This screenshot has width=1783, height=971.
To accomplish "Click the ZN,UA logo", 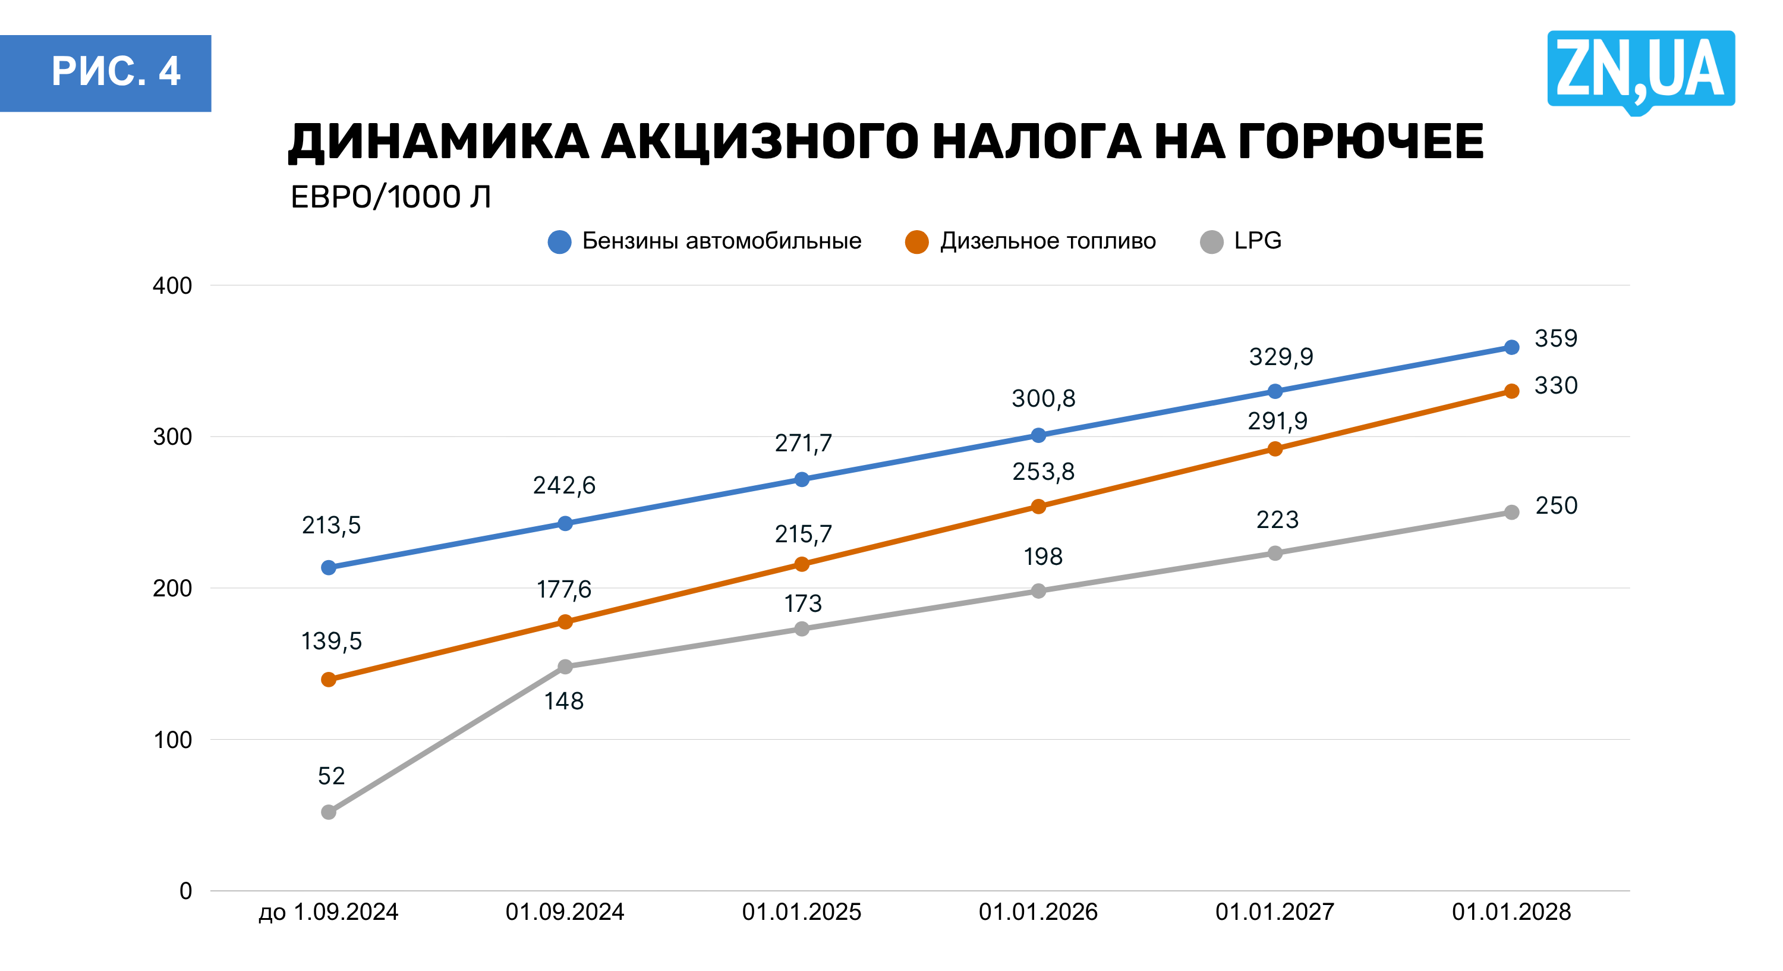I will click(1640, 70).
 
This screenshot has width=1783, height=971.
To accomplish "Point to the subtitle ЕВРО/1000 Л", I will click(390, 197).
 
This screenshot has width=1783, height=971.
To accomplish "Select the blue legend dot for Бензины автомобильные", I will click(559, 242).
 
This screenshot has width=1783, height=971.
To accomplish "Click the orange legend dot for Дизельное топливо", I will click(916, 242).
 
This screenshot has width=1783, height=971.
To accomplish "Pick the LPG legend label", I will click(1257, 241).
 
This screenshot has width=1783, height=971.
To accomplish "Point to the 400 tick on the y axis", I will click(172, 285).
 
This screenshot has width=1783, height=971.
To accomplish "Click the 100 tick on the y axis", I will click(172, 740).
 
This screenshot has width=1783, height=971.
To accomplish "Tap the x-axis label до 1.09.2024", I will click(328, 912).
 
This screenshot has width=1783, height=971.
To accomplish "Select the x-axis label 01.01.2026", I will click(1038, 912).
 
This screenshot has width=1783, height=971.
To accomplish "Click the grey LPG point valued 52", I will click(329, 812).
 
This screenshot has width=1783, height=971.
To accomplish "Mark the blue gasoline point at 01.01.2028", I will click(1511, 347).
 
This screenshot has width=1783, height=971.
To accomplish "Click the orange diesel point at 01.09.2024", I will click(565, 622).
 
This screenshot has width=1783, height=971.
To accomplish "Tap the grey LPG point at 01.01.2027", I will click(1275, 552).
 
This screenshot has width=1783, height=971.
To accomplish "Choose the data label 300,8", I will click(1043, 398).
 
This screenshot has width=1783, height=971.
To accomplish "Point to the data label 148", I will click(563, 701).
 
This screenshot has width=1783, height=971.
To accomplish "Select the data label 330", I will click(1556, 385).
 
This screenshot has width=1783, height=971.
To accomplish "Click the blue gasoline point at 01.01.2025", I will click(802, 479).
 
